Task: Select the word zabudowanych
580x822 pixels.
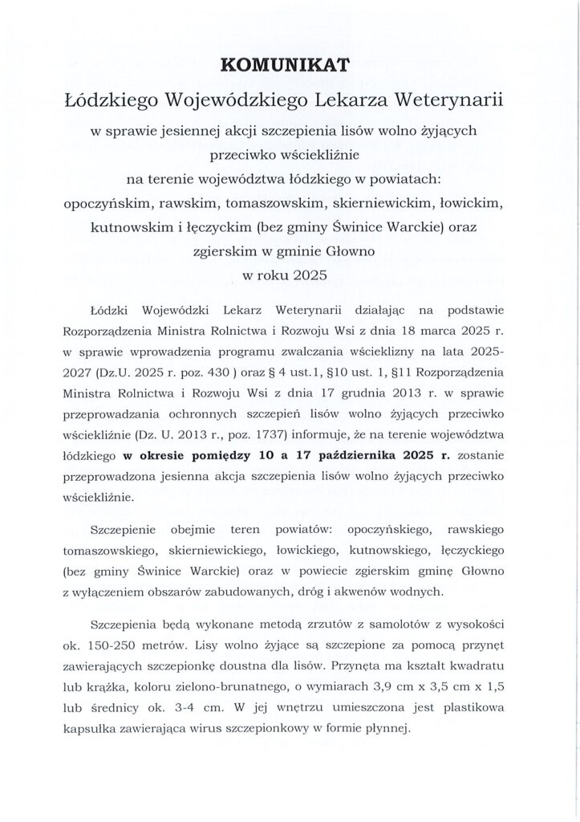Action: click(249, 592)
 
